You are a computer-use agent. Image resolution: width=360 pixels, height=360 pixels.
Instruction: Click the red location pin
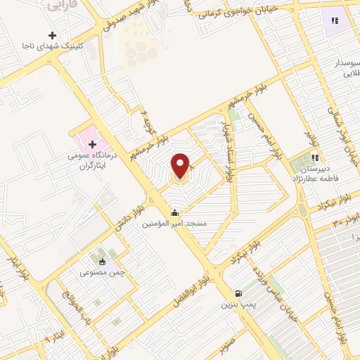coord(181,166)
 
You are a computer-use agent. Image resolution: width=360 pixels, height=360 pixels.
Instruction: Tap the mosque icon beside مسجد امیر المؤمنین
coord(174,212)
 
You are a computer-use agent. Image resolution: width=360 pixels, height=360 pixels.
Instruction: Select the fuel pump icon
coord(238,292)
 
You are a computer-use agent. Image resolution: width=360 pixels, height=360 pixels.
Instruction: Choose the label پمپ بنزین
coord(237,304)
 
